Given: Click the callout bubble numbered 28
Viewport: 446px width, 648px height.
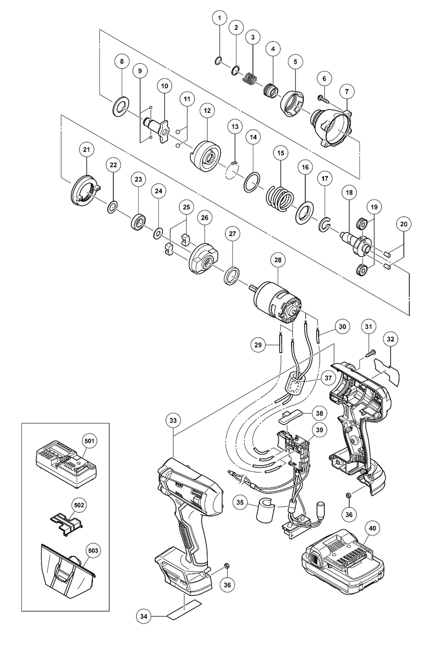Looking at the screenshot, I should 277,260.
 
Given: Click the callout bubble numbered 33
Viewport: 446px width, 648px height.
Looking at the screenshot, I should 173,420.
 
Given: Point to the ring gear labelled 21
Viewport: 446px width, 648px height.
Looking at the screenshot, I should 84,190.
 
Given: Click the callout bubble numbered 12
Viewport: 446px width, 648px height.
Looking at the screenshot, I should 206,110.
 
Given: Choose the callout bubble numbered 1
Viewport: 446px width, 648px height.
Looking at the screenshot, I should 219,18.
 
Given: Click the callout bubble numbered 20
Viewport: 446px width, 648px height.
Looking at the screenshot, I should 404,225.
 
